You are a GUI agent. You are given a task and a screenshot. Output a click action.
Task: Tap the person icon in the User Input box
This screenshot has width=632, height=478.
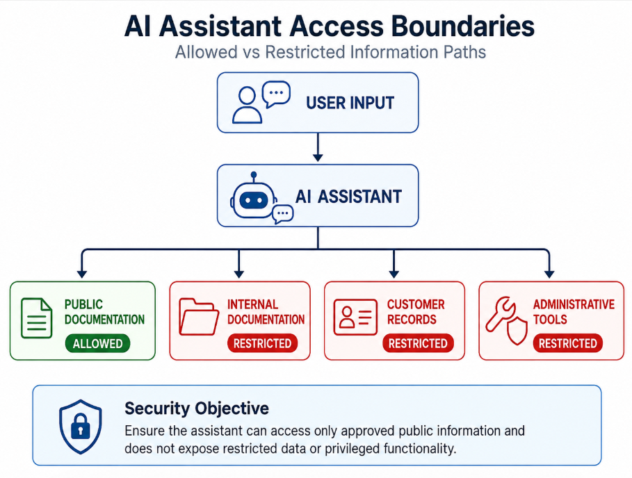[x=247, y=105]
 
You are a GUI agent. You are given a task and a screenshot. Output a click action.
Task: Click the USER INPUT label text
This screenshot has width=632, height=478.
[x=350, y=103]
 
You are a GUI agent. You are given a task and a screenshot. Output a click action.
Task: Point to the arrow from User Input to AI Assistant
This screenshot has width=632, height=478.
[x=318, y=147]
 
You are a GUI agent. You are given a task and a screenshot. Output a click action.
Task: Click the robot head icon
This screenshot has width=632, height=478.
[x=254, y=197]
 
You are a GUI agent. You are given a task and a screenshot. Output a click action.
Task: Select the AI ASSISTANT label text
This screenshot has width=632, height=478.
[x=348, y=197]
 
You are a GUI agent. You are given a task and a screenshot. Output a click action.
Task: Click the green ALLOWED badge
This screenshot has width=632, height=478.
[x=97, y=343]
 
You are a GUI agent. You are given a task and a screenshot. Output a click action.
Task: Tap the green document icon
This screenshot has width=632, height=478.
[x=36, y=318]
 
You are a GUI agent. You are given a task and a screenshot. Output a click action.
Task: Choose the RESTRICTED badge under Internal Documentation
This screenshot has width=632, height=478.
[x=262, y=343]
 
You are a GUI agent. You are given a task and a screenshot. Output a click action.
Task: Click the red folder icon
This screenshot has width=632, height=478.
[x=199, y=317]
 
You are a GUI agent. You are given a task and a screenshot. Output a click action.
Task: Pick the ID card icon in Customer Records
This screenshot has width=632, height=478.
[x=355, y=317]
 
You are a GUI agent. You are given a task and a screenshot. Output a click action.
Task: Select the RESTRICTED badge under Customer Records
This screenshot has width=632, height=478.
[x=418, y=343]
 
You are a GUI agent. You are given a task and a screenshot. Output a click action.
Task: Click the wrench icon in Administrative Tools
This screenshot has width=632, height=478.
[x=500, y=314]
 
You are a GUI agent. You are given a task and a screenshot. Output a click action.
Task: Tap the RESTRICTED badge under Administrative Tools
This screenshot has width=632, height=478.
[x=568, y=343]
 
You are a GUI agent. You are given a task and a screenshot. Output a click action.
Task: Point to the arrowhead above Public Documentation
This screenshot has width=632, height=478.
[x=82, y=274]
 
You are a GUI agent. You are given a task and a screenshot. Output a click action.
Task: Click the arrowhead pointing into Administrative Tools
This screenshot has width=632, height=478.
[x=549, y=274]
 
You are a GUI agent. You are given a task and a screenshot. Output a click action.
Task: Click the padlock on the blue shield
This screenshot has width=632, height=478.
[x=81, y=427]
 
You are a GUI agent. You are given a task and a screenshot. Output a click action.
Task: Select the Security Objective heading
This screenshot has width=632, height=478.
[x=197, y=409]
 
